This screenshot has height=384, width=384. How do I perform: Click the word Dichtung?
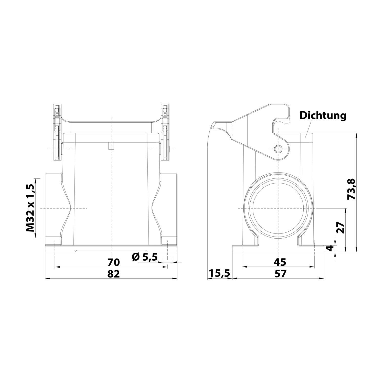click(323, 115)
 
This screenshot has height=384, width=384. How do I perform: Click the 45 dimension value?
click(280, 262)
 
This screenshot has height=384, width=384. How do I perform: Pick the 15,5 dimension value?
click(220, 274)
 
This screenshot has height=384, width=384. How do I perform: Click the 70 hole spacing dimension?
click(113, 262)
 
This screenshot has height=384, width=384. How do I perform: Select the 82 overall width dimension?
click(113, 274)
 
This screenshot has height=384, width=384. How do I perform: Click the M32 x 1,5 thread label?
click(30, 208)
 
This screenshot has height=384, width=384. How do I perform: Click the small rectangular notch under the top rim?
click(111, 146)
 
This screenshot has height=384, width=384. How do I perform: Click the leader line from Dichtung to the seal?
click(309, 128)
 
